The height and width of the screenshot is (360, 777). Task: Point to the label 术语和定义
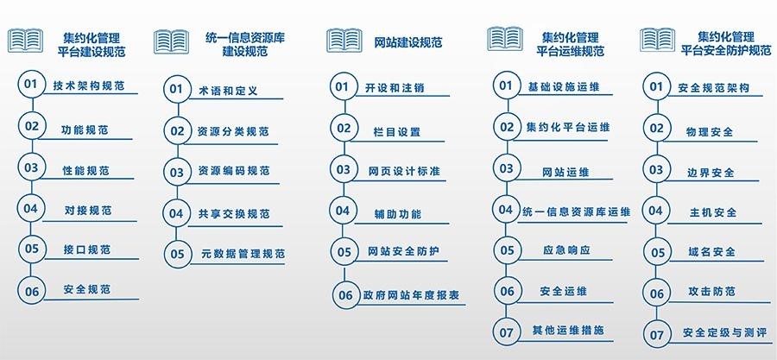click(x=228, y=90)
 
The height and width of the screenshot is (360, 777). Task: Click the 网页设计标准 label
click(x=403, y=170)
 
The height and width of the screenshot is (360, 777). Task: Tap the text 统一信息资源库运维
click(x=577, y=211)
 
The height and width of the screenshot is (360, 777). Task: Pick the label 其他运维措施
click(x=567, y=331)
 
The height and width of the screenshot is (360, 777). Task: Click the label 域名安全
click(x=712, y=252)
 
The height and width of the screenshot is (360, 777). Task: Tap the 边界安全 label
click(x=712, y=171)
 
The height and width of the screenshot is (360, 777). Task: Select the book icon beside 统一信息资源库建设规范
click(x=171, y=41)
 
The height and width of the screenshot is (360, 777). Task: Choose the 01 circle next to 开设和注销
click(x=343, y=86)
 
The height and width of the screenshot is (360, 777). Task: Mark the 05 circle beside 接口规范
click(x=32, y=249)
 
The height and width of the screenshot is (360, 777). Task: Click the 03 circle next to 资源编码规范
click(x=177, y=172)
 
